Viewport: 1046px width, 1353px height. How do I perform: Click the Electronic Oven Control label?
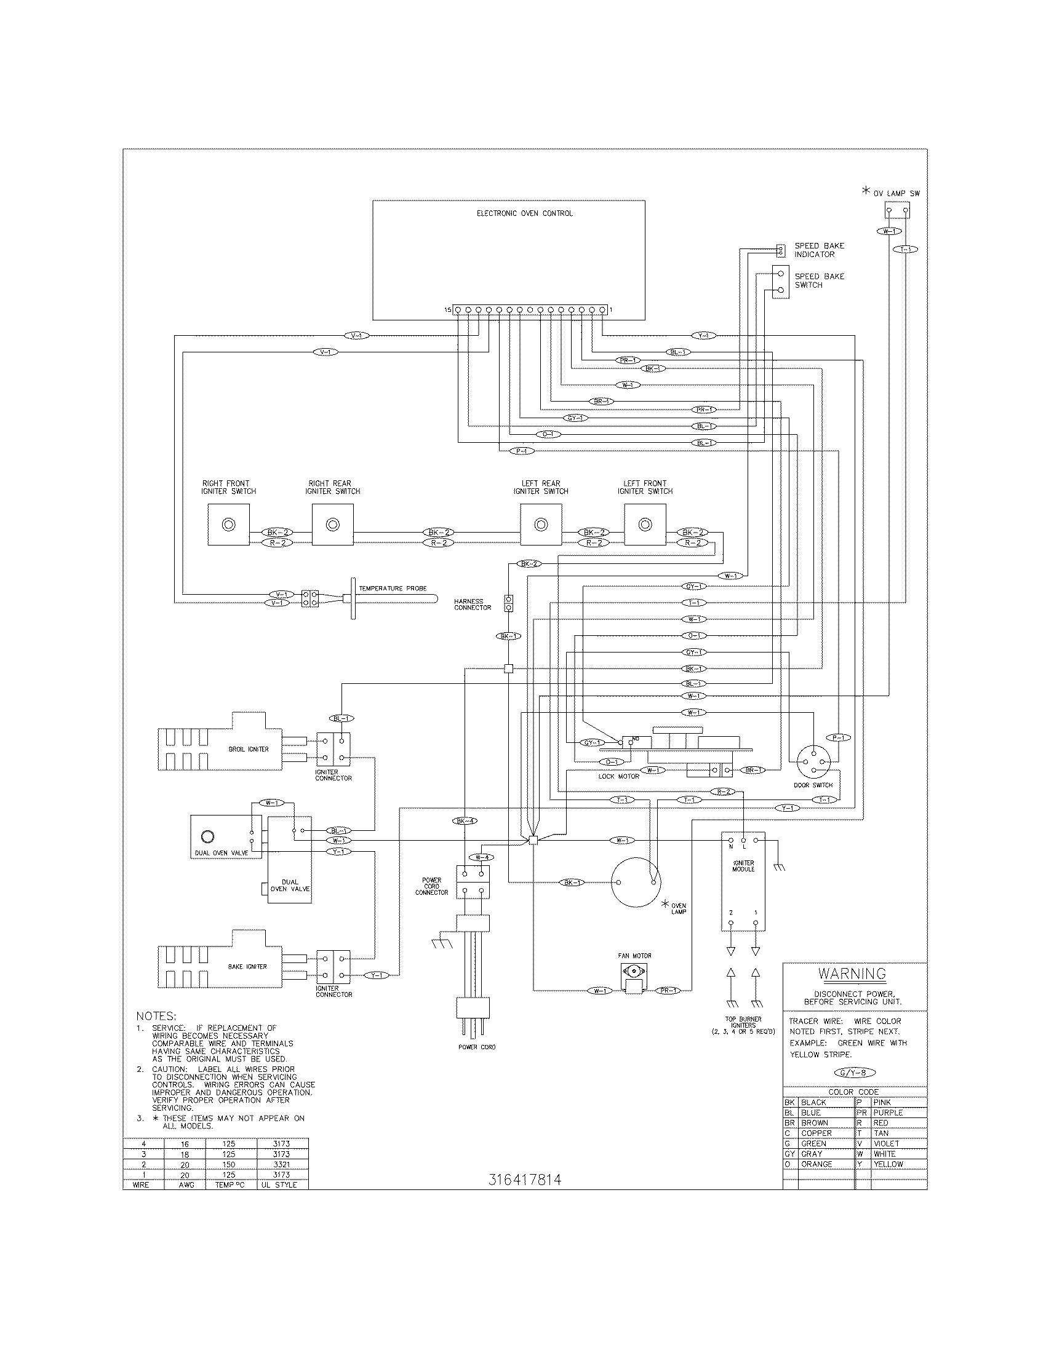point(524,214)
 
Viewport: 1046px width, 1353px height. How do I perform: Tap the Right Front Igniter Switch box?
point(229,525)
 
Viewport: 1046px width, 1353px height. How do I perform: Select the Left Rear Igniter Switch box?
point(541,525)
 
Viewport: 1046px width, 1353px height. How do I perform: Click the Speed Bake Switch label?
point(819,280)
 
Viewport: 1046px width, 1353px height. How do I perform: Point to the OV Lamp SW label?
point(896,194)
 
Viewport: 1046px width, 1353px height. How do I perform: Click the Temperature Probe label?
point(393,589)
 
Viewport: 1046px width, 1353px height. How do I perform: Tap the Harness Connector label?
point(472,605)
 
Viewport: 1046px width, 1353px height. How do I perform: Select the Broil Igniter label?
point(249,749)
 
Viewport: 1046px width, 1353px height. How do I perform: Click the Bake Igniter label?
point(247,966)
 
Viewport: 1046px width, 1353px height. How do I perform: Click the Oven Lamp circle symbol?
point(636,883)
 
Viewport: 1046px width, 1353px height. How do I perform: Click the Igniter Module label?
point(743,866)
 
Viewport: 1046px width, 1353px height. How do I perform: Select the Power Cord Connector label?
point(432,886)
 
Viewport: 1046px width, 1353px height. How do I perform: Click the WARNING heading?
point(852,974)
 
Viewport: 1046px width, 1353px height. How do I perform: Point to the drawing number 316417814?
point(524,1180)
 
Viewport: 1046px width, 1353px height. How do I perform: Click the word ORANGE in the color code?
point(816,1164)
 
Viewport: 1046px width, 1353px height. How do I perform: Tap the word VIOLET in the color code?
point(885,1144)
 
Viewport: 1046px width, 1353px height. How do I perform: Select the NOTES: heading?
point(156,1017)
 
